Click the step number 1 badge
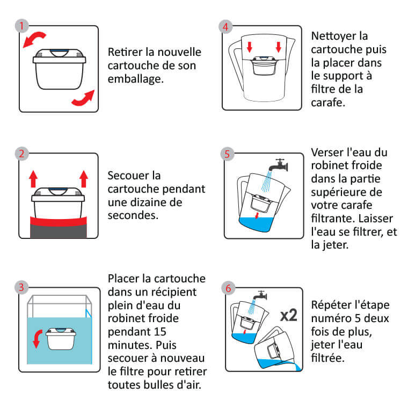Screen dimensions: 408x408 tap(21, 26)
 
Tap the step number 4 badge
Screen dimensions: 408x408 tap(225, 27)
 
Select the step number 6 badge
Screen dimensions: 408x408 tap(228, 288)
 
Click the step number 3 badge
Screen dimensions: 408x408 tap(21, 287)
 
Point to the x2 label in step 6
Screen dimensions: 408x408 tap(289, 315)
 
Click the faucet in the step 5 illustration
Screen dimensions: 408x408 tap(279, 165)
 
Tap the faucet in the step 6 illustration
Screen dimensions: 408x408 tap(260, 296)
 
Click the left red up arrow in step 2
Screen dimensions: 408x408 tap(33, 179)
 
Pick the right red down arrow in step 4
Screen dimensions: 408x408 tap(279, 47)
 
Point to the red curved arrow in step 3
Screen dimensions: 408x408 tap(37, 338)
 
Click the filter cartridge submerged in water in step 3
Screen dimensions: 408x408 tap(61, 339)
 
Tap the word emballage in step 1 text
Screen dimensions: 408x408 tap(136, 79)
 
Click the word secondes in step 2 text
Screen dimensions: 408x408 tap(133, 215)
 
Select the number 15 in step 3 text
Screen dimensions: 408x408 tap(160, 332)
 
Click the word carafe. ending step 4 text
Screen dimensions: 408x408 tap(328, 103)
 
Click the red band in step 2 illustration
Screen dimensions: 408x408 tap(59, 221)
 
